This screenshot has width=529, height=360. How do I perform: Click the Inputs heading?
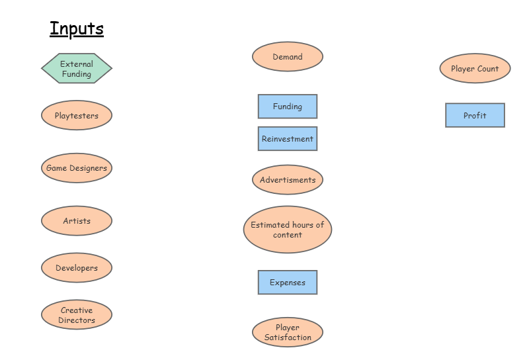(x=77, y=29)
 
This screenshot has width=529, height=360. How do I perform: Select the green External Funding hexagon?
(x=77, y=69)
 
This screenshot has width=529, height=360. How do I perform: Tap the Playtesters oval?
(x=77, y=116)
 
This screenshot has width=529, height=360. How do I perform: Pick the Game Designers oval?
(x=77, y=168)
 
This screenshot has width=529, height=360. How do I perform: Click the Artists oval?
(x=77, y=221)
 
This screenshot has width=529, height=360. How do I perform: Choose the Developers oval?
(x=77, y=268)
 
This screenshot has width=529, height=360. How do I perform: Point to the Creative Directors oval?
(x=77, y=315)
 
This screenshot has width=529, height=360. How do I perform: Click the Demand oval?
(x=288, y=57)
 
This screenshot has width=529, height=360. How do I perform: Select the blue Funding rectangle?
(x=288, y=107)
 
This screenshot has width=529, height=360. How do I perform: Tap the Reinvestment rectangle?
(x=288, y=139)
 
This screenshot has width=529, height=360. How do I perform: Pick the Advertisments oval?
(x=288, y=180)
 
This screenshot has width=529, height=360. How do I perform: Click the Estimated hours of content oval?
(x=288, y=230)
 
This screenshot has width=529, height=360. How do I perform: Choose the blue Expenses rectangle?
(x=288, y=283)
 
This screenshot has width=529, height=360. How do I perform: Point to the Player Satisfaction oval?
(x=288, y=332)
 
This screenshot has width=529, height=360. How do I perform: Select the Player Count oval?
(x=475, y=69)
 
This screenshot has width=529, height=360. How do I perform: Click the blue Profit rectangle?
(x=475, y=116)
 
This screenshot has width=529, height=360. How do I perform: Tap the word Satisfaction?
(x=288, y=337)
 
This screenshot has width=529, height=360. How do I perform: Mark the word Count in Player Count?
(x=488, y=69)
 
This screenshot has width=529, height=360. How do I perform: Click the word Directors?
(x=77, y=320)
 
